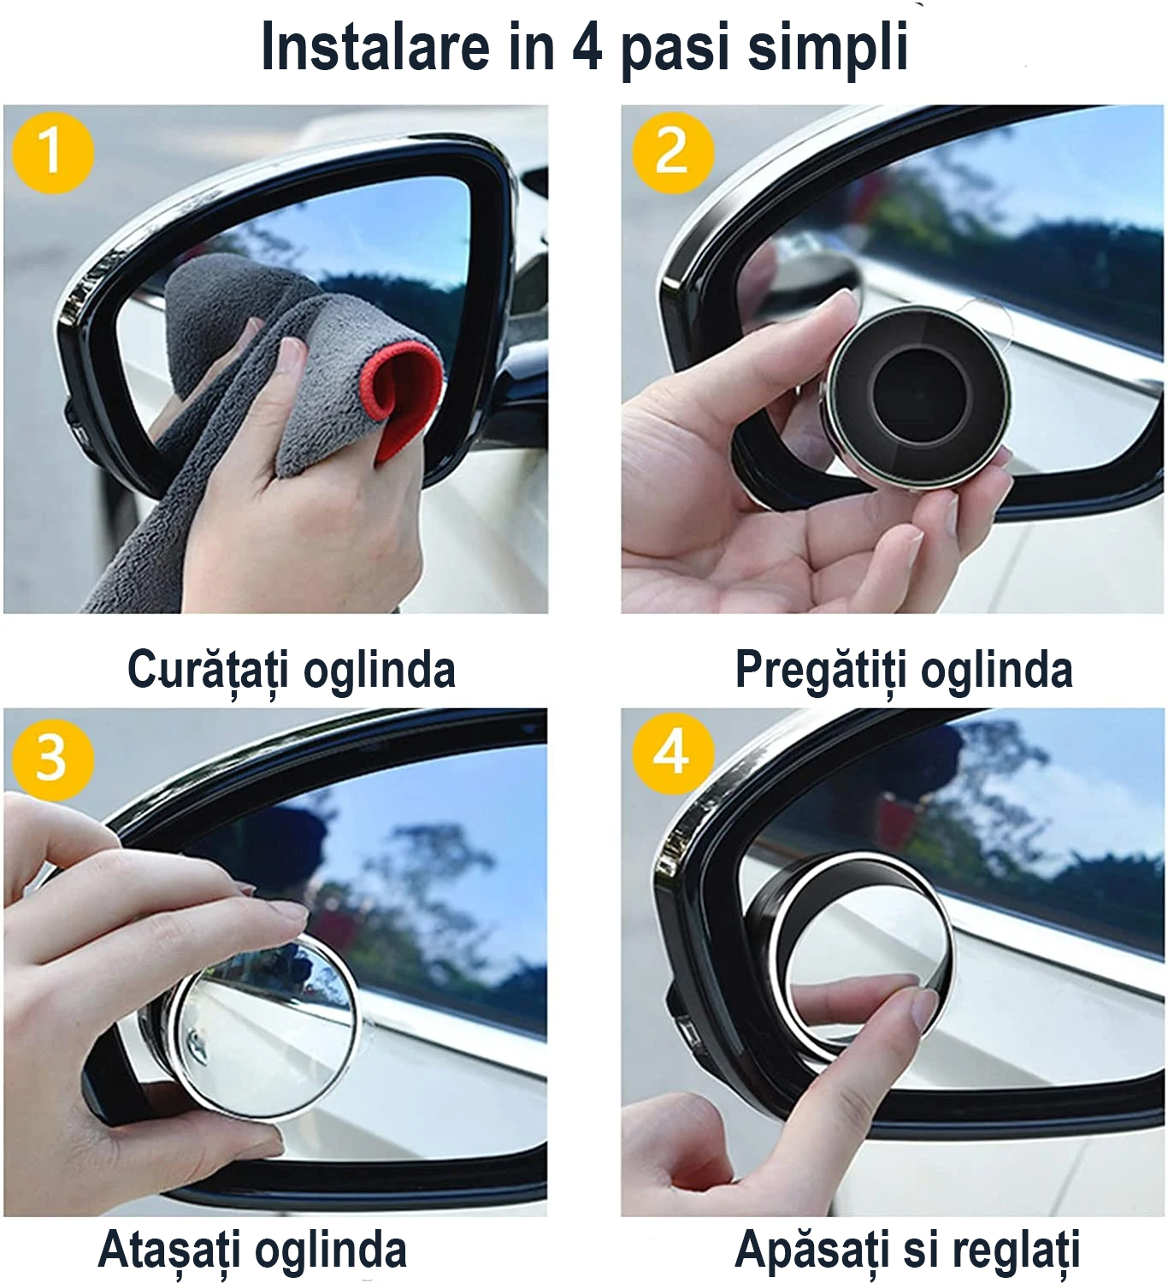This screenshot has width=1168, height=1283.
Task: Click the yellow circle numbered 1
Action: coord(53,153)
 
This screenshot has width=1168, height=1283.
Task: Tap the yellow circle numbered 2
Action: coord(673,153)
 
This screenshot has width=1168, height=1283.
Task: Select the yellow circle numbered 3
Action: coord(53,760)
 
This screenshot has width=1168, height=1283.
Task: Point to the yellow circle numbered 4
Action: coord(673,754)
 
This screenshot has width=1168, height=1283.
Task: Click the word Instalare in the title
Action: coord(375,47)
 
